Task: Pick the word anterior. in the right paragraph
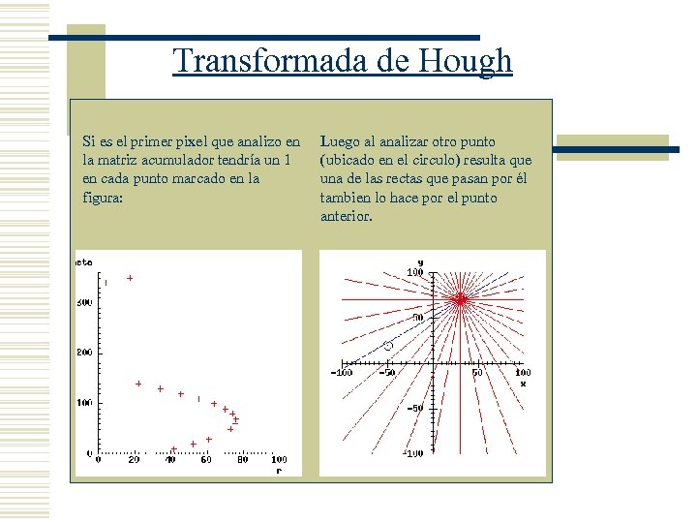(x=346, y=217)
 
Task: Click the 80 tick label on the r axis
(x=242, y=460)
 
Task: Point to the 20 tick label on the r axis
(x=134, y=460)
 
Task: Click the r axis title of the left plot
(x=279, y=471)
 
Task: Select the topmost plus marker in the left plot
(x=130, y=278)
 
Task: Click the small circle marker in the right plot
(x=388, y=346)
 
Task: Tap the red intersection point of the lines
(x=461, y=299)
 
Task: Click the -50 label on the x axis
(x=386, y=372)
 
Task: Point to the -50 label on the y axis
(x=414, y=408)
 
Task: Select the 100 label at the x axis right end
(x=522, y=372)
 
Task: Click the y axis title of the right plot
(x=420, y=261)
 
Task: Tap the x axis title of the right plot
(x=523, y=383)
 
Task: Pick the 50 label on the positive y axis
(x=417, y=318)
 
